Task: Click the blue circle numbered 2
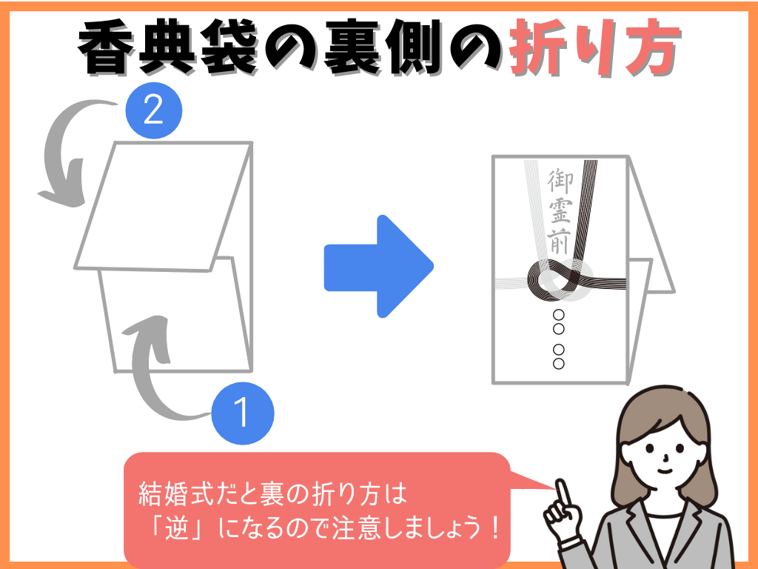pyautogui.click(x=152, y=112)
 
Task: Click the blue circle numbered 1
pyautogui.click(x=243, y=413)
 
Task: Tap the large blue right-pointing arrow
pyautogui.click(x=378, y=266)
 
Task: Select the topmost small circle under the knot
pyautogui.click(x=559, y=316)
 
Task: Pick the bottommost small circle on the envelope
pyautogui.click(x=559, y=363)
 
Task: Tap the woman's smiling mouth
pyautogui.click(x=664, y=468)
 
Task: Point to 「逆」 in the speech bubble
pyautogui.click(x=173, y=529)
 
